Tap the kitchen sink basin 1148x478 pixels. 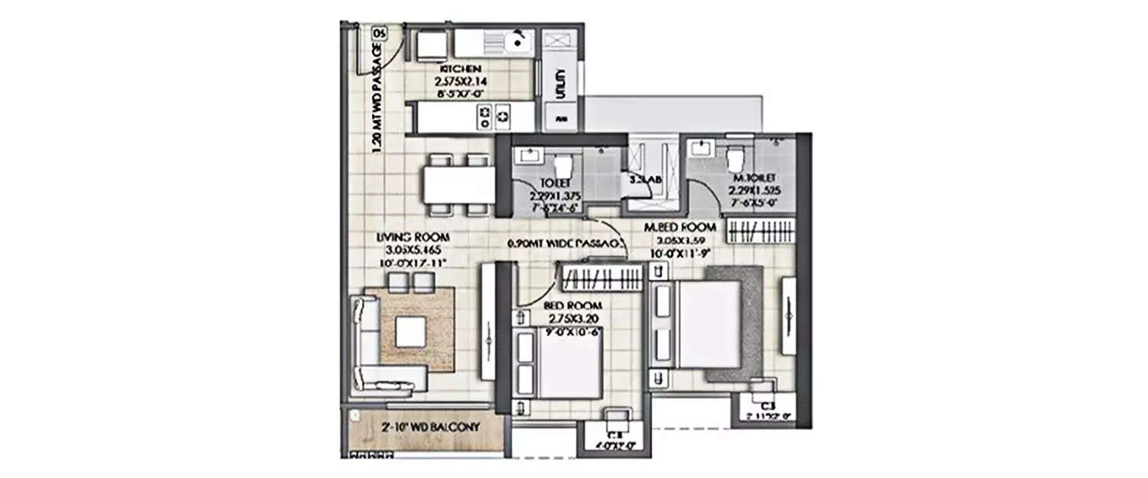(519, 39)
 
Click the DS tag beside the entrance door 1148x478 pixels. (378, 32)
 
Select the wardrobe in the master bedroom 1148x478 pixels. (758, 231)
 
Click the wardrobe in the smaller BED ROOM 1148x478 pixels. (601, 277)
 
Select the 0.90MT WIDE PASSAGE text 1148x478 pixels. (567, 245)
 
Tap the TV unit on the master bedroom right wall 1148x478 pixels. (788, 314)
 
